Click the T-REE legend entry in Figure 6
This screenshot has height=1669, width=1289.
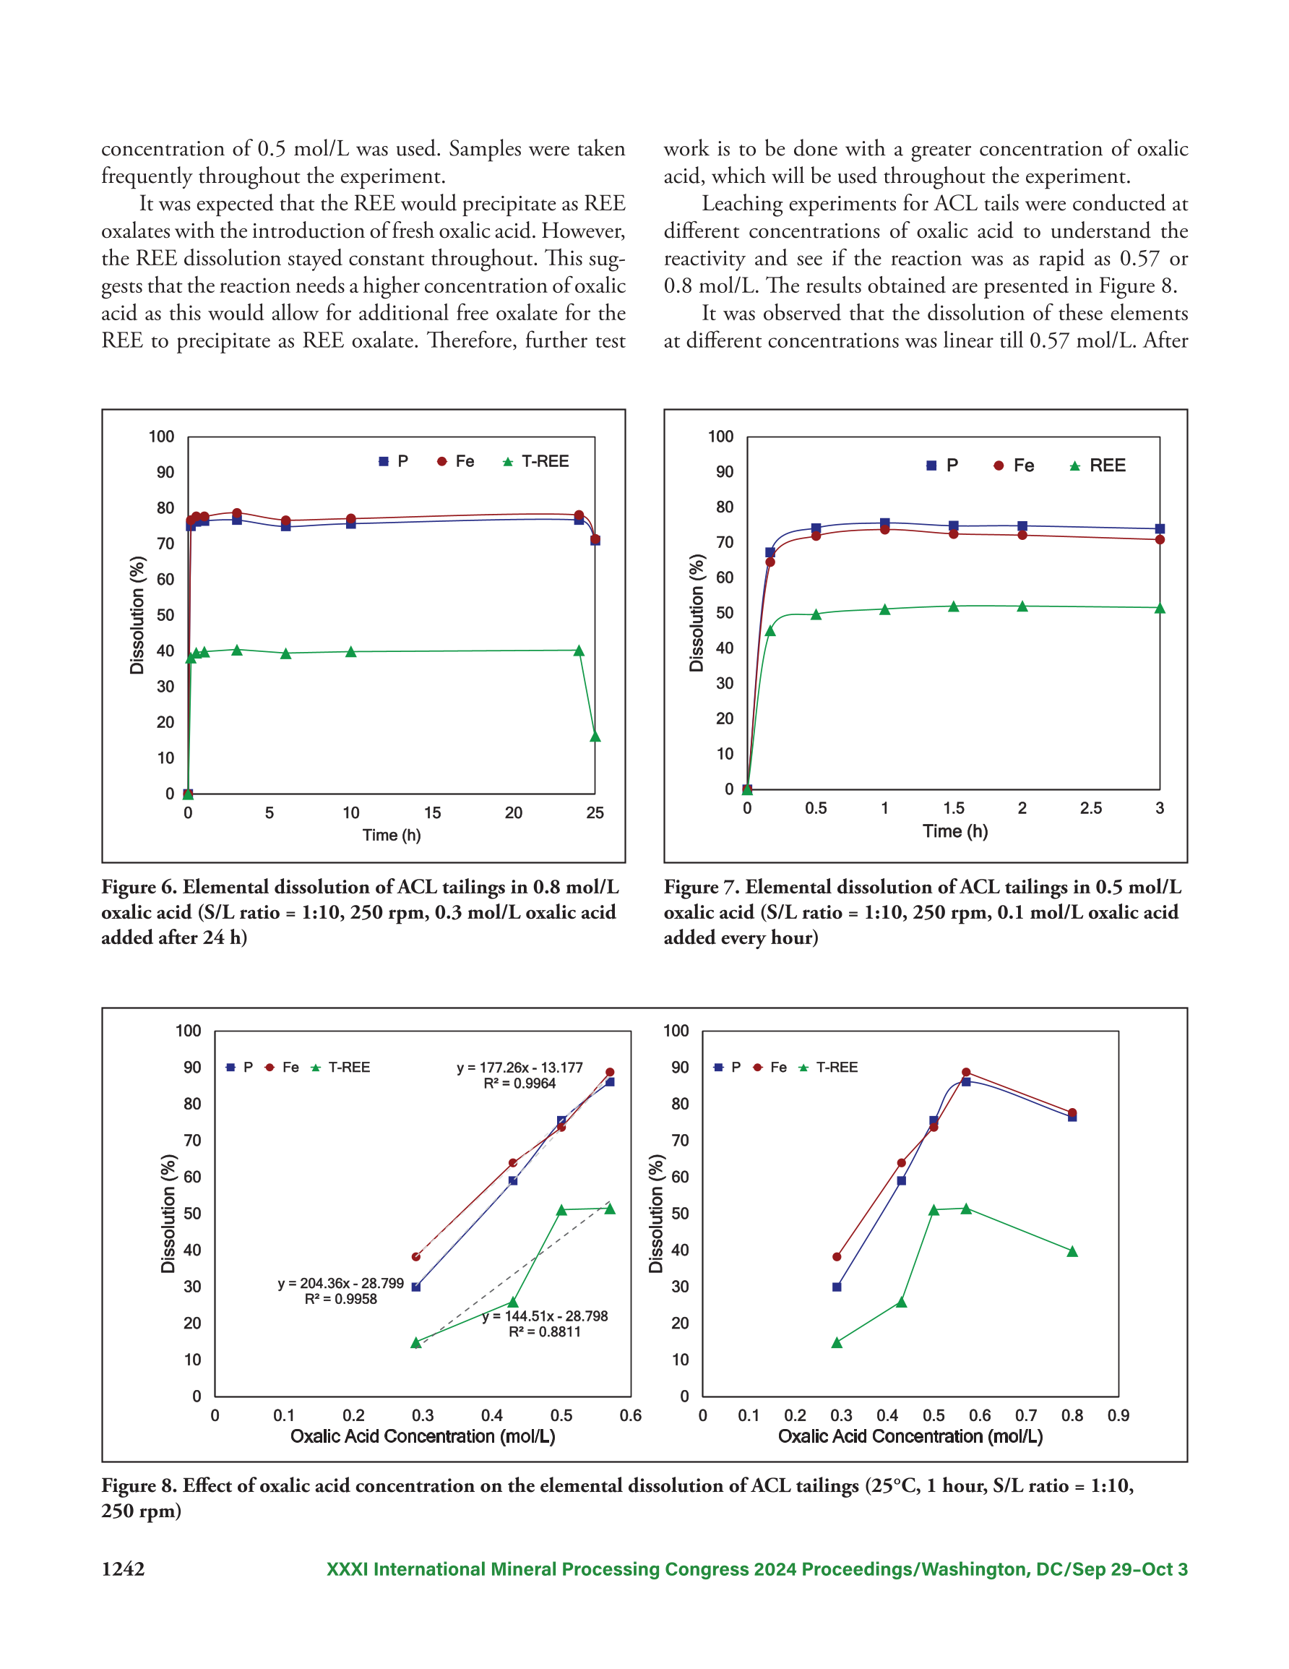coord(535,462)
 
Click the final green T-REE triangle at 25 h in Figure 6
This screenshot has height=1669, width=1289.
coord(595,736)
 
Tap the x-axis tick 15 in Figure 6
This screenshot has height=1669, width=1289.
coord(433,813)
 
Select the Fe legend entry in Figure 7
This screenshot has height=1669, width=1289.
coord(1014,465)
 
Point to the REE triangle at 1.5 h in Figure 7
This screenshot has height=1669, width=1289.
coord(954,606)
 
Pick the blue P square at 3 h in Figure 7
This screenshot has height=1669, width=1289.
coord(1160,529)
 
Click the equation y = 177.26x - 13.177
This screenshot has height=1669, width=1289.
coord(520,1068)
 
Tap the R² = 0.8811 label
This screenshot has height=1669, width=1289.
coord(545,1332)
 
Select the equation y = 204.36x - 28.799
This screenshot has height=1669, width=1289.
coord(341,1283)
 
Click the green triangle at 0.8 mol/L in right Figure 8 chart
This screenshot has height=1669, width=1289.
coord(1072,1251)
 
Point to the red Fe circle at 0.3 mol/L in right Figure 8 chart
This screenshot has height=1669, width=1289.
coord(837,1256)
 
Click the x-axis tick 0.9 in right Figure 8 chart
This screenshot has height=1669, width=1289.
coord(1118,1415)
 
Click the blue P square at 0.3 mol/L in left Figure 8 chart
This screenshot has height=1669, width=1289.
coord(415,1287)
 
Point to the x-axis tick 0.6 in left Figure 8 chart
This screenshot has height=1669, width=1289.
coord(631,1415)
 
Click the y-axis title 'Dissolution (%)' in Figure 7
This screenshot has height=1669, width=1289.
coord(696,613)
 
